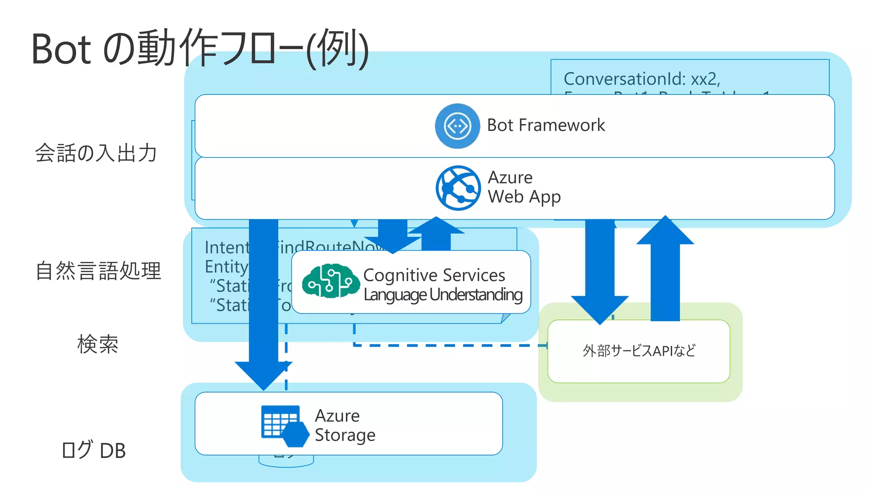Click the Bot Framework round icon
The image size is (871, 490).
tap(457, 126)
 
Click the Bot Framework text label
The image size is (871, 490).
tap(546, 125)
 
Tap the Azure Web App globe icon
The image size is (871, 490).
tap(458, 188)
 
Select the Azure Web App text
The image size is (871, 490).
tap(524, 187)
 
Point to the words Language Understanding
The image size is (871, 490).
tap(443, 295)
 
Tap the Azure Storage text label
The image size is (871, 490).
tap(344, 425)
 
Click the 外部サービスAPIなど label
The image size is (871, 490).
tap(639, 351)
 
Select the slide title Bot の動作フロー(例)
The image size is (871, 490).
tap(200, 48)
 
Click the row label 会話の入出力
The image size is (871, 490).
tap(96, 153)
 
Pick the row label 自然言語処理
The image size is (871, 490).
tap(98, 271)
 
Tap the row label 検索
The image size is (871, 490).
tap(98, 344)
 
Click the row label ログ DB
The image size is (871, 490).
tap(94, 450)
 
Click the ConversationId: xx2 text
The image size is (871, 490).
tap(641, 79)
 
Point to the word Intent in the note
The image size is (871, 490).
tap(227, 248)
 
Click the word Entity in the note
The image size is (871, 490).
tap(226, 267)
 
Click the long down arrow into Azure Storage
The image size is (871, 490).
tap(263, 298)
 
